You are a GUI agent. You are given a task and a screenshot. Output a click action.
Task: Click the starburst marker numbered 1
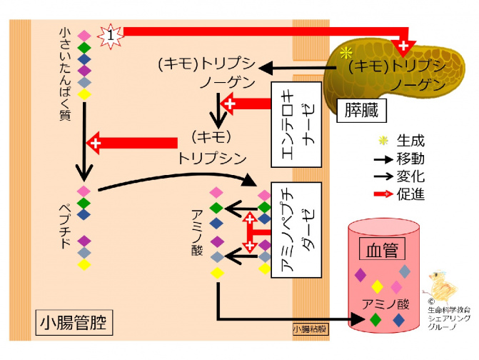click(111, 33)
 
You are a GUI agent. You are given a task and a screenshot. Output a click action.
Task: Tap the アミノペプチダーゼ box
click(296, 229)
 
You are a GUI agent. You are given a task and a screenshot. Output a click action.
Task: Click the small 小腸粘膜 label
click(310, 329)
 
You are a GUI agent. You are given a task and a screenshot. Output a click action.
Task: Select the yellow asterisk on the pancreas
click(347, 53)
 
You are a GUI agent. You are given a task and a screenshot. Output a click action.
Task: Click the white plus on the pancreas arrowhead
click(404, 47)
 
